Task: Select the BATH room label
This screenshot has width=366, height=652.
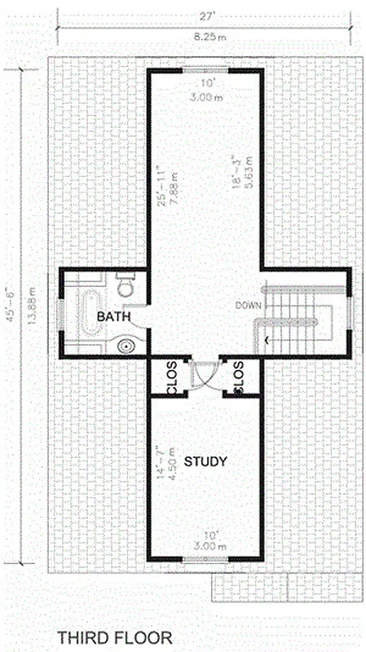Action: pyautogui.click(x=112, y=315)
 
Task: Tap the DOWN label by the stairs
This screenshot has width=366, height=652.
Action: pyautogui.click(x=247, y=305)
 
